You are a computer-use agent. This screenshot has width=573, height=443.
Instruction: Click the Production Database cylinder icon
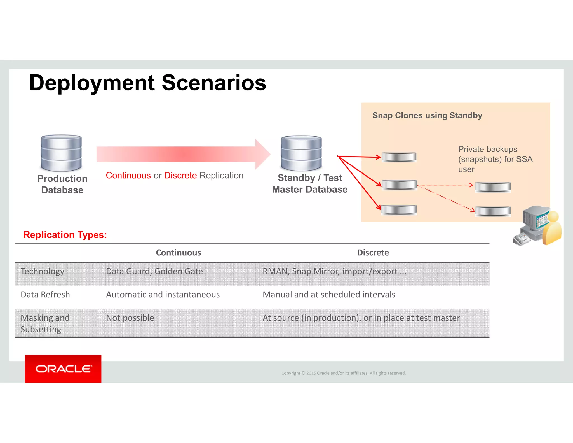pos(61,153)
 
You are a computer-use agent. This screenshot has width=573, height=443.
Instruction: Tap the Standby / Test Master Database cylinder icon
pos(301,153)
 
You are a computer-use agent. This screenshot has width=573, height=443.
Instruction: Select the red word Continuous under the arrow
pos(128,176)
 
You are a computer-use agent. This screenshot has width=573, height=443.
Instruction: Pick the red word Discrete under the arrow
pos(180,176)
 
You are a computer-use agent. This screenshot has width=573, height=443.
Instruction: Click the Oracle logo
pos(63,369)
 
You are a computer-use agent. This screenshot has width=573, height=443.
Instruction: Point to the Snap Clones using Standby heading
pos(427,115)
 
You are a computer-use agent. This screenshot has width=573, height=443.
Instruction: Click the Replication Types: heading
pos(65,235)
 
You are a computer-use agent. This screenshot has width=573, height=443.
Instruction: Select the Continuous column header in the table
pos(178,253)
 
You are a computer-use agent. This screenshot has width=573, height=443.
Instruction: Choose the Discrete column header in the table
pos(373,253)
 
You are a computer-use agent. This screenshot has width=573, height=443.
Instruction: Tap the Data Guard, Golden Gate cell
pos(154,271)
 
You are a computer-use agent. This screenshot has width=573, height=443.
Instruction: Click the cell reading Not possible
pos(130,318)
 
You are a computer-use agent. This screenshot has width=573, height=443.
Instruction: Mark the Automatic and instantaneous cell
pos(163,295)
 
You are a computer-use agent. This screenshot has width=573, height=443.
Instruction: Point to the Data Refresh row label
pos(45,295)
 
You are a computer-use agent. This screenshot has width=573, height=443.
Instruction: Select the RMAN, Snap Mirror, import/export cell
pos(334,271)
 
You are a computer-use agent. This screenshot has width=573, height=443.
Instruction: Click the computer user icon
pos(537,226)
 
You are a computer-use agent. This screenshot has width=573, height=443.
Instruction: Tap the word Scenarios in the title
pos(214,83)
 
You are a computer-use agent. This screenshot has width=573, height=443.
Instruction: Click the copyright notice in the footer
pos(343,373)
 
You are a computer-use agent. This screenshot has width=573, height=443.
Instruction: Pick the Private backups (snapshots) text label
pos(495,159)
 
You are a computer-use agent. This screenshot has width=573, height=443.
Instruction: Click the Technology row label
pos(43,271)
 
